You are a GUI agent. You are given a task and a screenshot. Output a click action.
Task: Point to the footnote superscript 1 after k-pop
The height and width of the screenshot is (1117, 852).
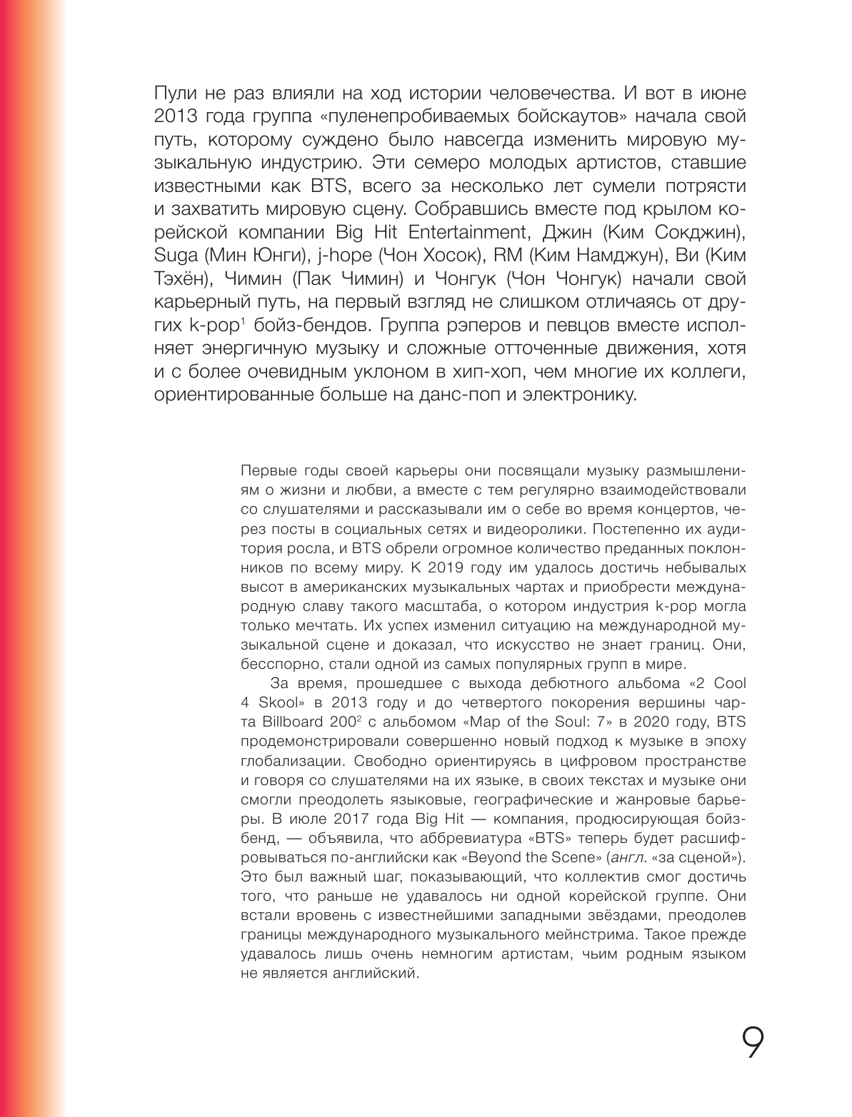[243, 321]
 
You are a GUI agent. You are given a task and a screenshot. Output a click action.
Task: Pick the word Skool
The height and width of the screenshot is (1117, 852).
[282, 702]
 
